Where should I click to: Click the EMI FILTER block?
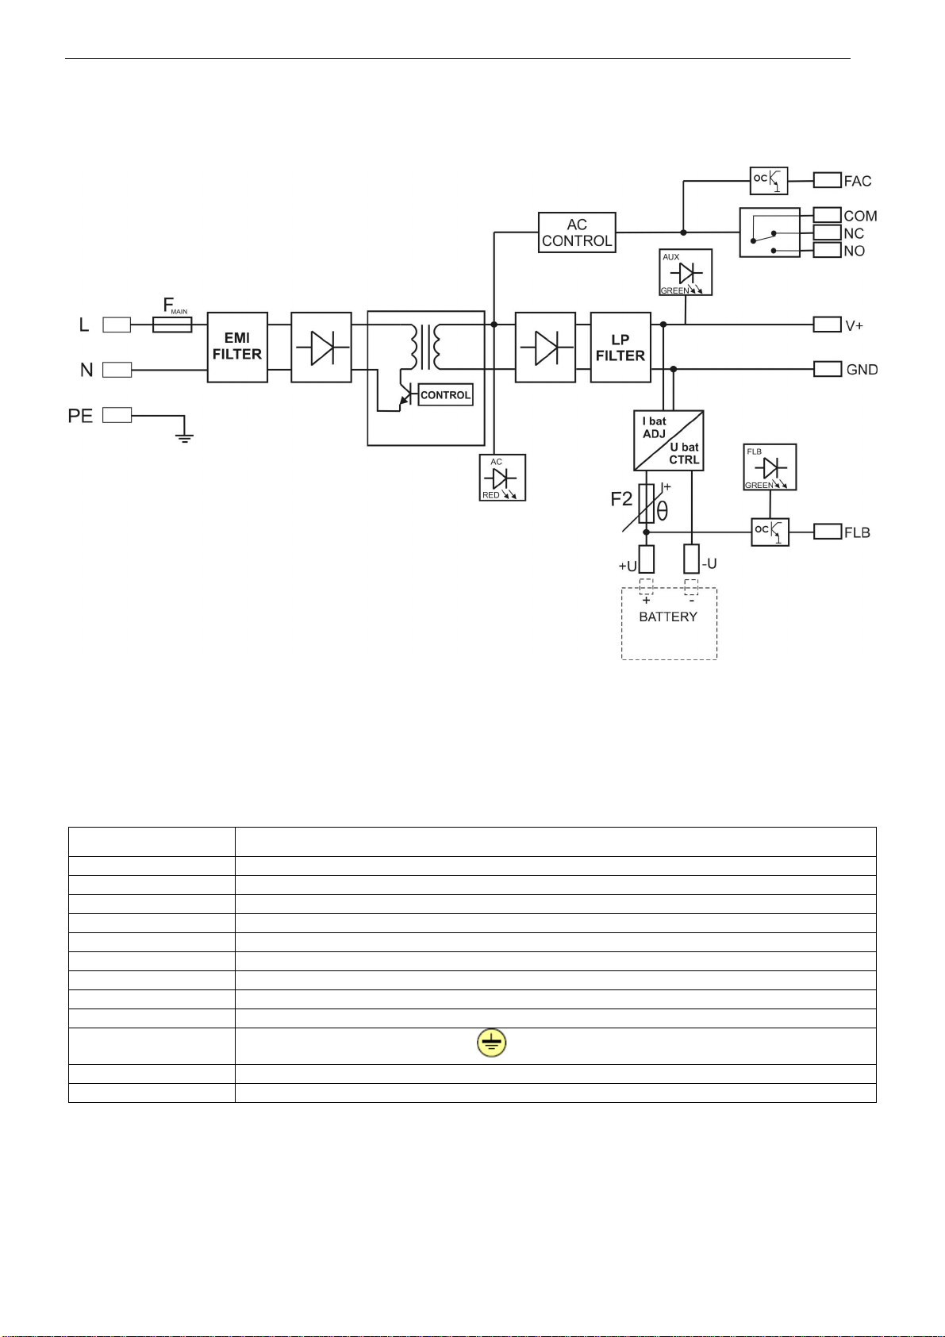click(237, 347)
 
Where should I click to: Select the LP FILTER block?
click(620, 347)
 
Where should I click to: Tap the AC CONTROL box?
click(577, 232)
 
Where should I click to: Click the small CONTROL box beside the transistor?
click(445, 394)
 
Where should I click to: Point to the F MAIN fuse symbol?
click(172, 325)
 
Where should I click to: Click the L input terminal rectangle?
click(117, 325)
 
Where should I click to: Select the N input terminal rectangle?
click(117, 370)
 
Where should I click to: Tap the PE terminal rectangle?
click(117, 415)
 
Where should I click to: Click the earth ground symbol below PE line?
click(184, 437)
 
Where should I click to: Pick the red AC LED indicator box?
click(502, 478)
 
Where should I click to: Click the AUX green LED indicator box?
click(686, 272)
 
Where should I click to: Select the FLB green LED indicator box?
click(770, 467)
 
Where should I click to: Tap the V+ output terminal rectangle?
click(828, 325)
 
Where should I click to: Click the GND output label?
click(862, 370)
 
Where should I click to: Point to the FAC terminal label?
click(858, 181)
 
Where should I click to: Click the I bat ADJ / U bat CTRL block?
click(669, 440)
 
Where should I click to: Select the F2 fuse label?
click(621, 499)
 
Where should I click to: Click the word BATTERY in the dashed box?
click(668, 617)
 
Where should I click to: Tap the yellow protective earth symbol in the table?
click(491, 1043)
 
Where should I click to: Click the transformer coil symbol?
click(425, 347)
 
